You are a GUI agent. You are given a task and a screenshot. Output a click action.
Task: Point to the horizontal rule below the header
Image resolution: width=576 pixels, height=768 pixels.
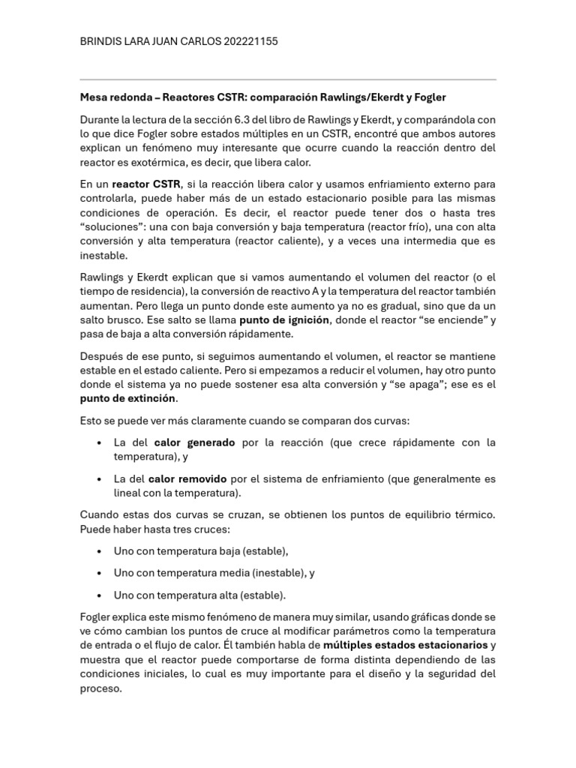[288, 79]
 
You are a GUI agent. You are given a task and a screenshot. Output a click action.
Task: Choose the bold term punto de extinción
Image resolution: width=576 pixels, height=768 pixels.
[127, 398]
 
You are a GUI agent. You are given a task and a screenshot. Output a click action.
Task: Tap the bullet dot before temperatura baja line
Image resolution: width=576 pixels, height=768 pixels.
[100, 551]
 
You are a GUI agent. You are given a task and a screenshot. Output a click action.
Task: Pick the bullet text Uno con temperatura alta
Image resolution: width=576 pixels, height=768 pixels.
[177, 595]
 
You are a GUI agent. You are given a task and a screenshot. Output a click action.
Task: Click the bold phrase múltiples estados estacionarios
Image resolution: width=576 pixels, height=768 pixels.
[405, 645]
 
